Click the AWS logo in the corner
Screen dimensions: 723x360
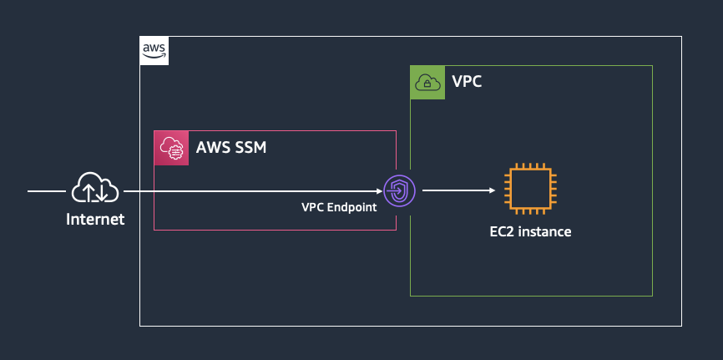coord(154,51)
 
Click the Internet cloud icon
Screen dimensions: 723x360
coord(95,187)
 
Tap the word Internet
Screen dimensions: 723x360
coord(95,219)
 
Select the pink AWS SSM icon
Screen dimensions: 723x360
coord(171,148)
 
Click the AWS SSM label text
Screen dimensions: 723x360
coord(231,148)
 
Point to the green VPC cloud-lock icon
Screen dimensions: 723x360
coord(427,83)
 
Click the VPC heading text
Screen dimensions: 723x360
coord(467,82)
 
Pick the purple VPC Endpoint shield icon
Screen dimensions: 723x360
coord(399,190)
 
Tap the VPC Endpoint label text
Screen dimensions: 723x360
coord(339,208)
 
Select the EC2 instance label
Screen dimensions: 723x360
coord(530,231)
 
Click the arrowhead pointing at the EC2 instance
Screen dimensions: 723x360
coord(492,190)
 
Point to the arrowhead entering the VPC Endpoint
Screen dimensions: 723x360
coord(380,190)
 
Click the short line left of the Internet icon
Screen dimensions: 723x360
coord(47,190)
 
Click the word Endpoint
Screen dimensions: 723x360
coord(351,208)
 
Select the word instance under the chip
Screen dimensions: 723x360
coord(544,231)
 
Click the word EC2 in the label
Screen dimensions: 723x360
coord(501,231)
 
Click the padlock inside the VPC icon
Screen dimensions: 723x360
coord(427,84)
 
